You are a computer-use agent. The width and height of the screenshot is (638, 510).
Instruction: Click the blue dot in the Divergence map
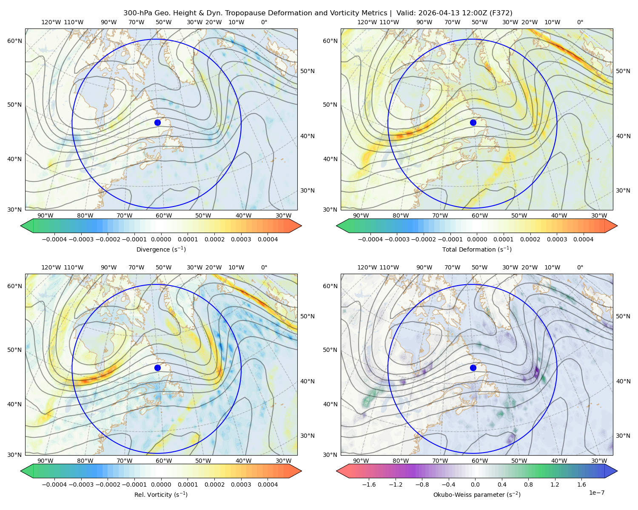pyautogui.click(x=157, y=122)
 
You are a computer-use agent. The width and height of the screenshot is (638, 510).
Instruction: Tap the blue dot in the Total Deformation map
pyautogui.click(x=473, y=122)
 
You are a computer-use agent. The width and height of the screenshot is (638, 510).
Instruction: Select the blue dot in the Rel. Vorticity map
pyautogui.click(x=157, y=368)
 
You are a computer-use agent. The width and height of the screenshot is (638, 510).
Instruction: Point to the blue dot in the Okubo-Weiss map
pyautogui.click(x=473, y=368)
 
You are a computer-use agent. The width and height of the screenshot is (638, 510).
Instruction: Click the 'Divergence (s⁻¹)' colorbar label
pyautogui.click(x=161, y=249)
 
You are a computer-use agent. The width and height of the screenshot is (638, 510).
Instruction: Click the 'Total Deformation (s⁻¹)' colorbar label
pyautogui.click(x=477, y=249)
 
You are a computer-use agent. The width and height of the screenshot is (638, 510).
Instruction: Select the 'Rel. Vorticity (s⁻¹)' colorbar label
pyautogui.click(x=161, y=494)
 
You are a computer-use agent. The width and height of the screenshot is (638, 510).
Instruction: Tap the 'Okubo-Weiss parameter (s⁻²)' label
pyautogui.click(x=477, y=494)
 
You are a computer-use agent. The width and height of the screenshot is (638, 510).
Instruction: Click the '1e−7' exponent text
pyautogui.click(x=596, y=493)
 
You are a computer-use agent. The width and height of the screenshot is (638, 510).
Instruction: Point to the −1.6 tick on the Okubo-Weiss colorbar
pyautogui.click(x=369, y=484)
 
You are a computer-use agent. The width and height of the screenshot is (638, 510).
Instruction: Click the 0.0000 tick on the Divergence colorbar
pyautogui.click(x=161, y=239)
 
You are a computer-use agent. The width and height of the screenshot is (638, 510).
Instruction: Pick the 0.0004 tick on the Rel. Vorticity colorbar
pyautogui.click(x=268, y=484)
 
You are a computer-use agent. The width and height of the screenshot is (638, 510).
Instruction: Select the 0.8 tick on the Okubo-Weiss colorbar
pyautogui.click(x=528, y=484)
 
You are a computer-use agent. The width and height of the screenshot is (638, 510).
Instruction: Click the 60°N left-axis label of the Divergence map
pyautogui.click(x=14, y=41)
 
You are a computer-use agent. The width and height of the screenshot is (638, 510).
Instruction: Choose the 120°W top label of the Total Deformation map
pyautogui.click(x=367, y=22)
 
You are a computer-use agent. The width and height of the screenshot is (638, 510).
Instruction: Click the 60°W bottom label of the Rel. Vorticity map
pyautogui.click(x=164, y=461)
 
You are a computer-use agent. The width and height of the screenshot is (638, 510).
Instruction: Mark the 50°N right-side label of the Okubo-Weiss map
pyautogui.click(x=623, y=316)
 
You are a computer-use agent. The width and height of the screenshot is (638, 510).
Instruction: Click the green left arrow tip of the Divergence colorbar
pyautogui.click(x=21, y=226)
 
